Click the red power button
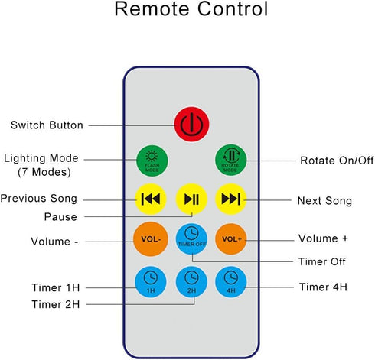pos(191,125)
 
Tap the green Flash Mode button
pos(152,161)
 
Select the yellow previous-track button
pos(151,199)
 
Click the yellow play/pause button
pos(191,199)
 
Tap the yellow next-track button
pos(231,199)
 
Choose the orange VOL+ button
pos(231,239)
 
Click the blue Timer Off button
pos(191,239)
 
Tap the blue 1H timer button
pos(151,282)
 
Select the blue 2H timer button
pos(191,282)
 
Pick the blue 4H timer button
pos(231,282)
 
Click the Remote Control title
pos(191,9)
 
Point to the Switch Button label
pos(47,125)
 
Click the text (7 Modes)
pos(44,172)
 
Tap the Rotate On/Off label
pos(337,161)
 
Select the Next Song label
pos(324,201)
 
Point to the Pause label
pos(60,217)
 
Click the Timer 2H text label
pos(56,304)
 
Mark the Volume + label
pos(323,238)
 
